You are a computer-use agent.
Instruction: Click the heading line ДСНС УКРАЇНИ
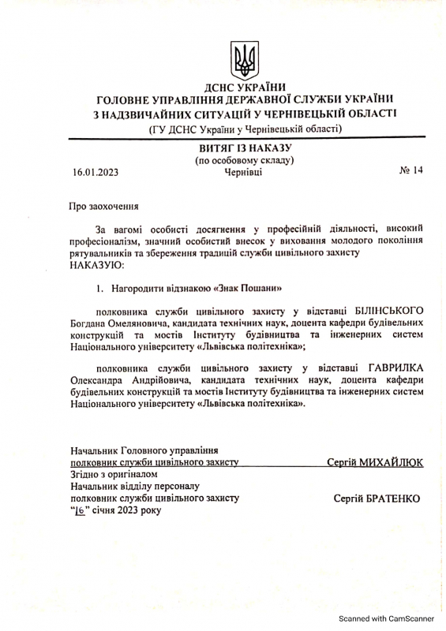[x=245, y=87]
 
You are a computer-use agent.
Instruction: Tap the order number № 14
[x=411, y=170]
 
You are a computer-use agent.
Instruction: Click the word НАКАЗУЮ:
[x=97, y=265]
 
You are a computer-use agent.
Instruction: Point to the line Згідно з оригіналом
[x=115, y=475]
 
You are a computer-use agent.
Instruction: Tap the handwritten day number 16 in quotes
[x=79, y=511]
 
